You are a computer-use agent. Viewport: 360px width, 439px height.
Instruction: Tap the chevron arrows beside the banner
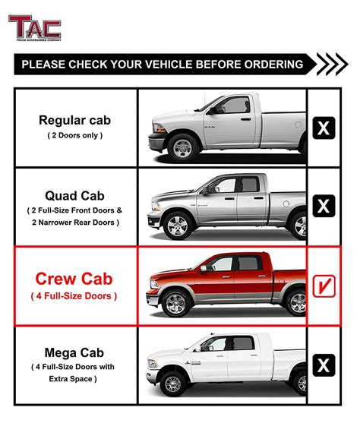tap(332, 64)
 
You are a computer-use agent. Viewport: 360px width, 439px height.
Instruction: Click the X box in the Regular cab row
tap(324, 127)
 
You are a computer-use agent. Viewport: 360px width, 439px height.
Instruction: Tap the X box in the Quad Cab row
tap(324, 205)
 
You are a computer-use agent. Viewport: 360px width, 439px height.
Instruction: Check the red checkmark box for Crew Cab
tap(324, 286)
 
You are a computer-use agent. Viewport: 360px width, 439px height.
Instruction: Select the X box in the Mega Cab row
tap(324, 365)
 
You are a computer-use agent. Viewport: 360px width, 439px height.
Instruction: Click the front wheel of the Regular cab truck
tap(183, 147)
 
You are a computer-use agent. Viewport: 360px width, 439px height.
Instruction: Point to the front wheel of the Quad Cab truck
tap(178, 226)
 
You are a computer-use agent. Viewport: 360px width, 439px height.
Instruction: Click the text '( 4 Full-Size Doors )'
tap(74, 296)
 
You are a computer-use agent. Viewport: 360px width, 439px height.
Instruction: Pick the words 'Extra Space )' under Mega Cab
tap(74, 379)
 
